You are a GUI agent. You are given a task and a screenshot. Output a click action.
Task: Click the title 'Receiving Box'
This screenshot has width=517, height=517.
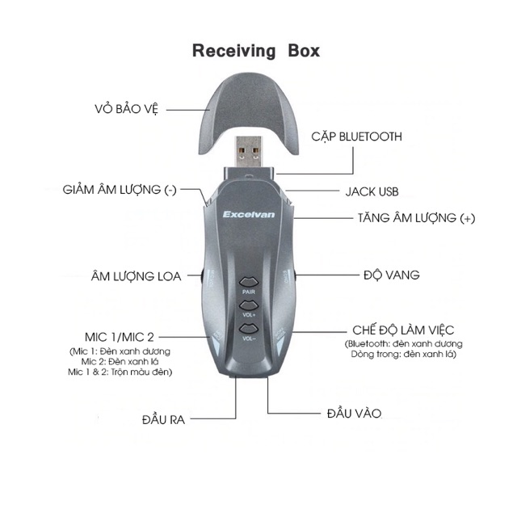coord(255,51)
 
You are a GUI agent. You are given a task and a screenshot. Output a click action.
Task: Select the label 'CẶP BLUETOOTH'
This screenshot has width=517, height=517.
coord(356,137)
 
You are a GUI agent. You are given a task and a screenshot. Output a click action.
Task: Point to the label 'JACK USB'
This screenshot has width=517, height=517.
coord(372,192)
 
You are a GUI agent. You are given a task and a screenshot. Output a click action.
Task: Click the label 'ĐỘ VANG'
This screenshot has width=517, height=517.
coord(392,275)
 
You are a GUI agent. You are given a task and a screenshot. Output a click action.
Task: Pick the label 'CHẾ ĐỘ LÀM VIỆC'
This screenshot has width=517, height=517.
coord(403,330)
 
